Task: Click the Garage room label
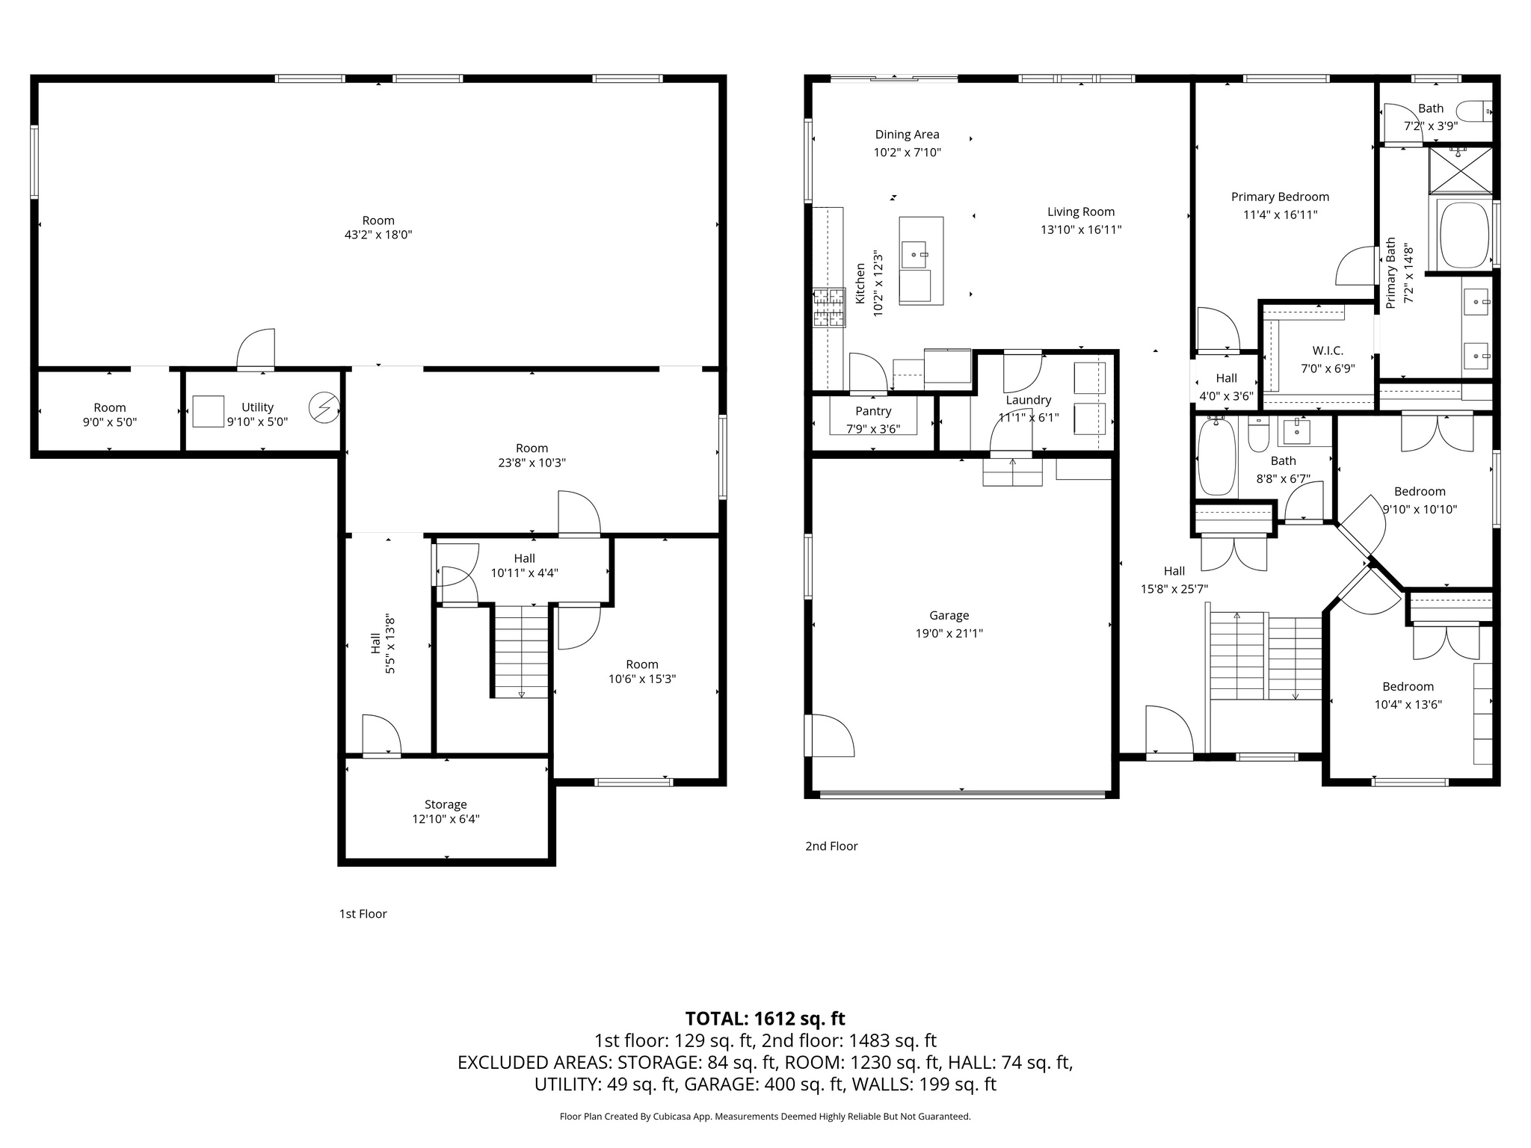949,615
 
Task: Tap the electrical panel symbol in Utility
324,408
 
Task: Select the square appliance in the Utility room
208,411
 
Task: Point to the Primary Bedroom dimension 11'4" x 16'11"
1280,215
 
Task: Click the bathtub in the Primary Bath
1464,235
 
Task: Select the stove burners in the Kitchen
828,308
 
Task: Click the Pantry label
873,411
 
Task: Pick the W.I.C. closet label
1328,351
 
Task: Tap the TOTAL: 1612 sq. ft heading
765,1018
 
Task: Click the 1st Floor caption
363,913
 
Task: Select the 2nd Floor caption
831,846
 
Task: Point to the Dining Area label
907,135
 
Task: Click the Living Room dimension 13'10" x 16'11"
1081,229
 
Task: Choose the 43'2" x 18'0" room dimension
378,235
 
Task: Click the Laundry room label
1028,400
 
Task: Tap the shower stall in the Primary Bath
1460,170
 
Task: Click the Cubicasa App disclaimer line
765,1117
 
